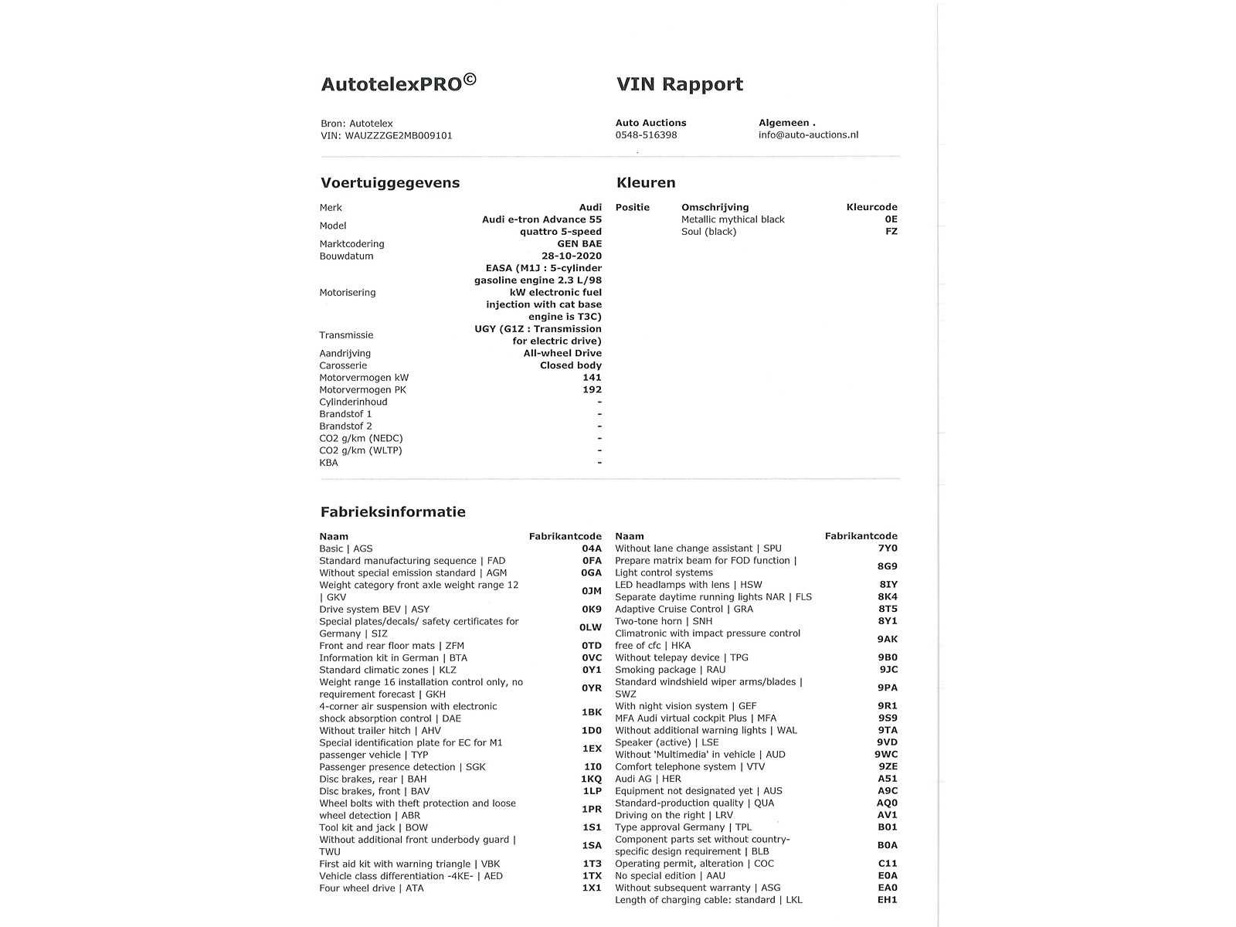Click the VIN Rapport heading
tap(679, 84)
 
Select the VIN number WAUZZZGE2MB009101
tap(399, 136)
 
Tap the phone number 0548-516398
tap(646, 135)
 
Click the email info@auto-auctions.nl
tap(808, 135)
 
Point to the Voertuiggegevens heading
tap(390, 183)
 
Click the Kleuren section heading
tap(646, 183)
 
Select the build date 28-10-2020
tap(572, 256)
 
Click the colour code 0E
tap(891, 219)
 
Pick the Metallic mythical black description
tap(732, 219)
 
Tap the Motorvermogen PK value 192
tap(592, 390)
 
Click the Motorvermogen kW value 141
tap(592, 378)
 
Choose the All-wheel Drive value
tap(562, 354)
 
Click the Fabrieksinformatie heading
tap(393, 512)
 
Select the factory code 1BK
tap(591, 712)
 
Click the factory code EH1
tap(888, 900)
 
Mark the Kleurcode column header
tap(871, 207)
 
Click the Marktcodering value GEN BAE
tap(579, 244)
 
